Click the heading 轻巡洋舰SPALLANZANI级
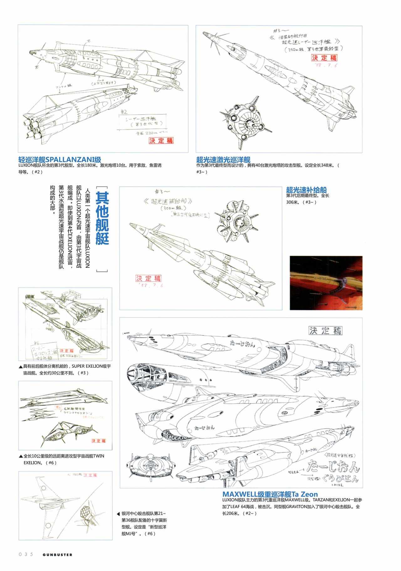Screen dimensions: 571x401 click(60, 159)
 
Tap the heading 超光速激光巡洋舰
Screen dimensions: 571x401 click(223, 159)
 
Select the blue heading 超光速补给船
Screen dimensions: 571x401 click(306, 190)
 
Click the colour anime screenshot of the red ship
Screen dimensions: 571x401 click(326, 283)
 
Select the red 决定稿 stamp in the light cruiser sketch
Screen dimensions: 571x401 click(161, 140)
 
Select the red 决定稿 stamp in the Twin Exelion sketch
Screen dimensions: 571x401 click(98, 441)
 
